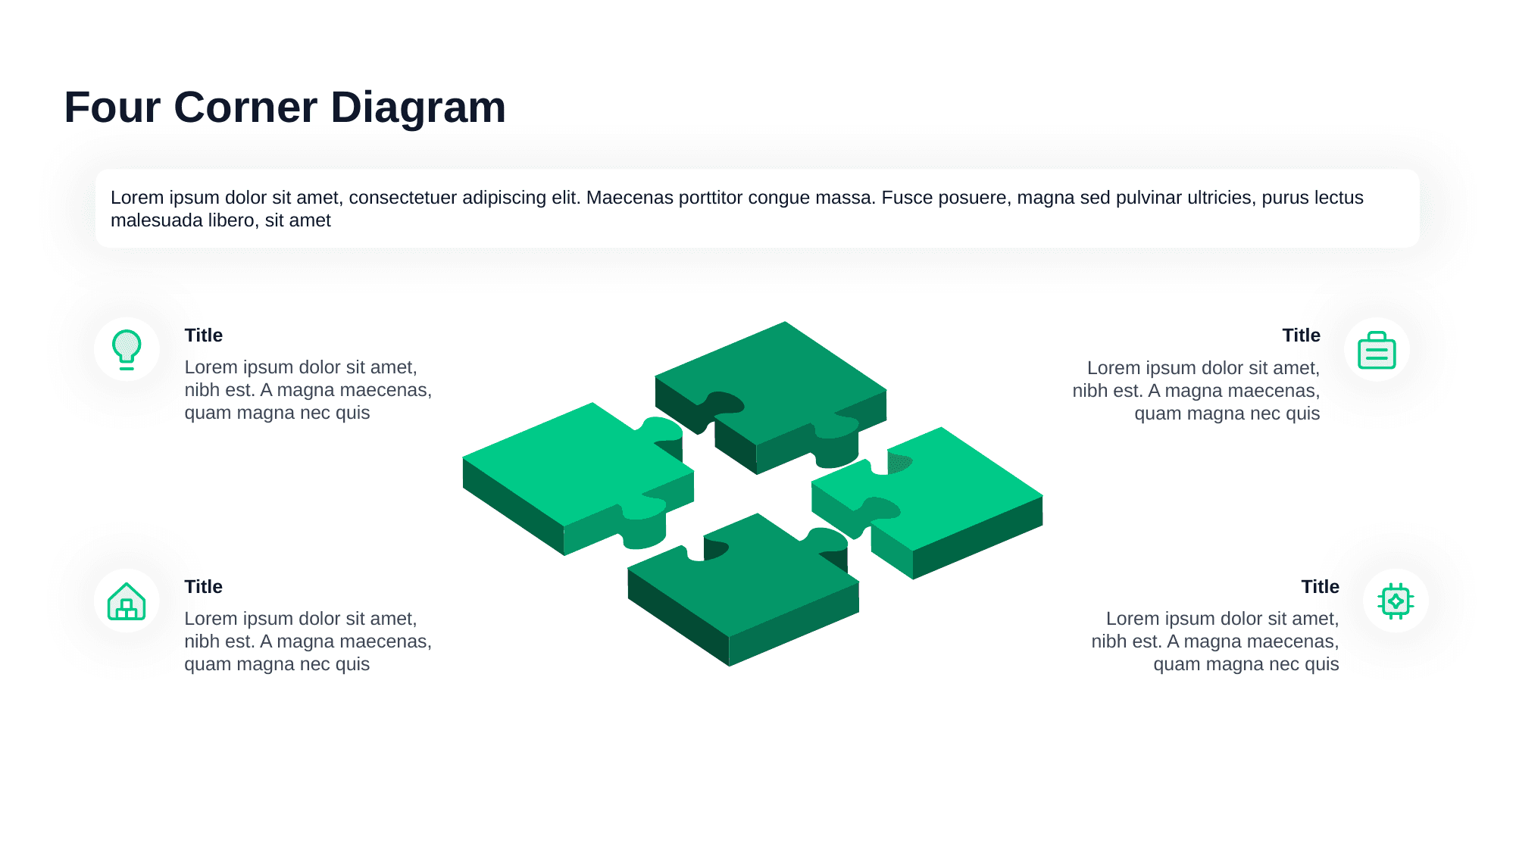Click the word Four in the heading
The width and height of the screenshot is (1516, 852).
click(112, 108)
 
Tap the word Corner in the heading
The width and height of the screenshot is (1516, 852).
click(245, 108)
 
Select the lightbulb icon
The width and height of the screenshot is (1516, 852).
click(127, 349)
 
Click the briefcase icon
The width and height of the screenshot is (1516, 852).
click(1377, 350)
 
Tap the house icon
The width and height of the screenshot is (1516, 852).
click(127, 601)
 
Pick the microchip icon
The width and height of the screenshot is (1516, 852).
click(1396, 601)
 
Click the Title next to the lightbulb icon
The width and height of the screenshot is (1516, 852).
click(203, 335)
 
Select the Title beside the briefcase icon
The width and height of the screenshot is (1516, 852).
click(1301, 335)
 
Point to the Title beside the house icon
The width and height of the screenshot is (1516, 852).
click(203, 587)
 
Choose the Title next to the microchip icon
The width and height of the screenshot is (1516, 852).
click(1320, 587)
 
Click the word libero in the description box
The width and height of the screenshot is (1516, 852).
click(233, 220)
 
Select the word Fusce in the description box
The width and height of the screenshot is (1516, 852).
click(906, 198)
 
